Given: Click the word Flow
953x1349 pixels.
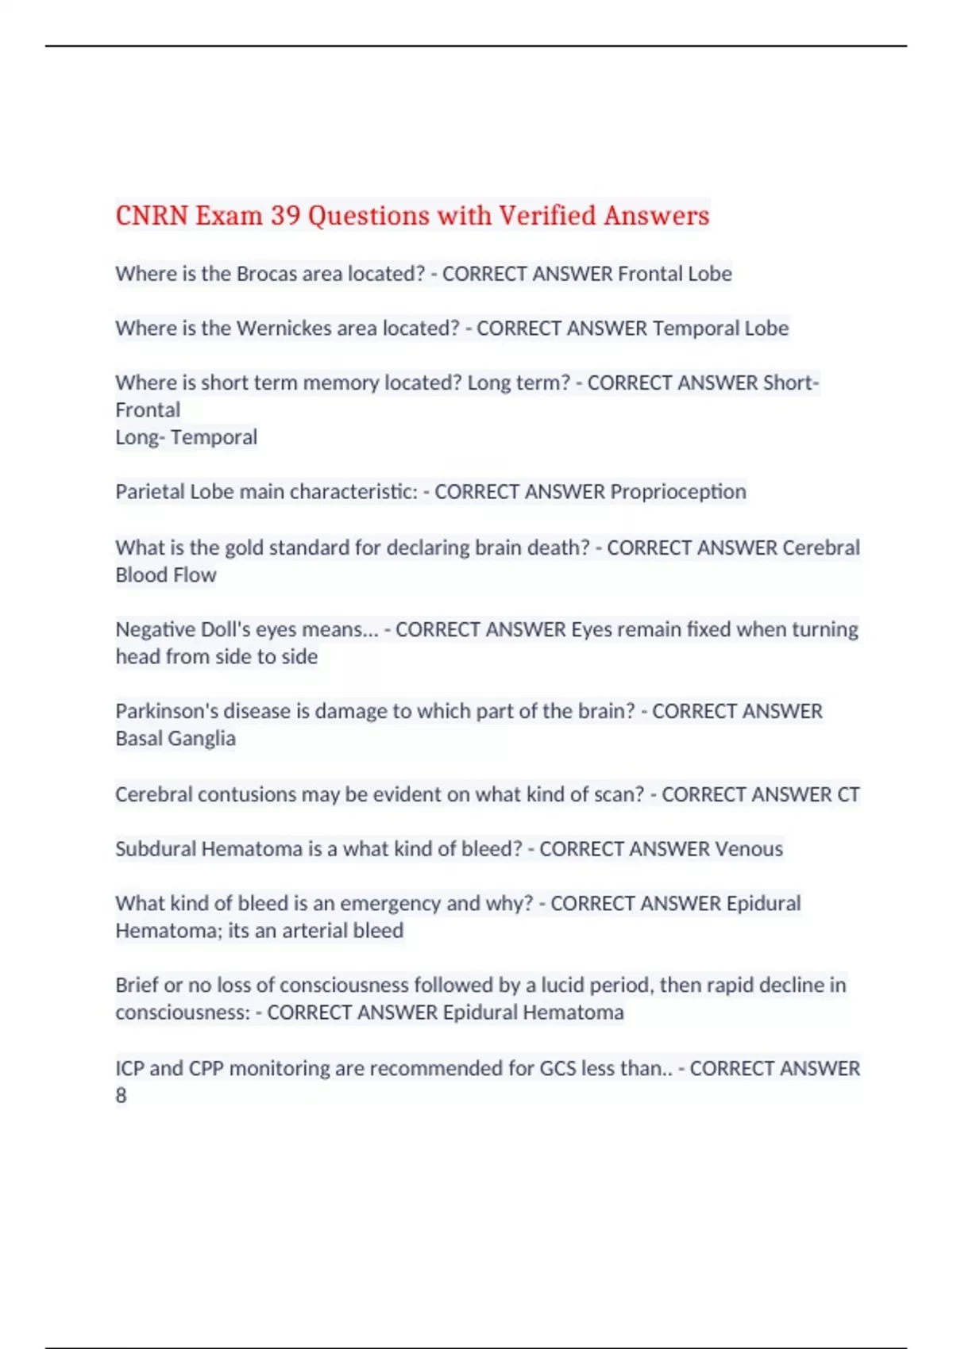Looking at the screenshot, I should coord(195,575).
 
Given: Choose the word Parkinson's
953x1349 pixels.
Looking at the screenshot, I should coord(162,712).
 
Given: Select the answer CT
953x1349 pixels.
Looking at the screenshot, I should coord(848,795).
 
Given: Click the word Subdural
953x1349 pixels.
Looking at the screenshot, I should coord(156,849).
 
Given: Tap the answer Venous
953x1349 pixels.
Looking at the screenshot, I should coord(748,849).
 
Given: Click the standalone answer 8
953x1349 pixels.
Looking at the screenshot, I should coord(121,1096).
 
